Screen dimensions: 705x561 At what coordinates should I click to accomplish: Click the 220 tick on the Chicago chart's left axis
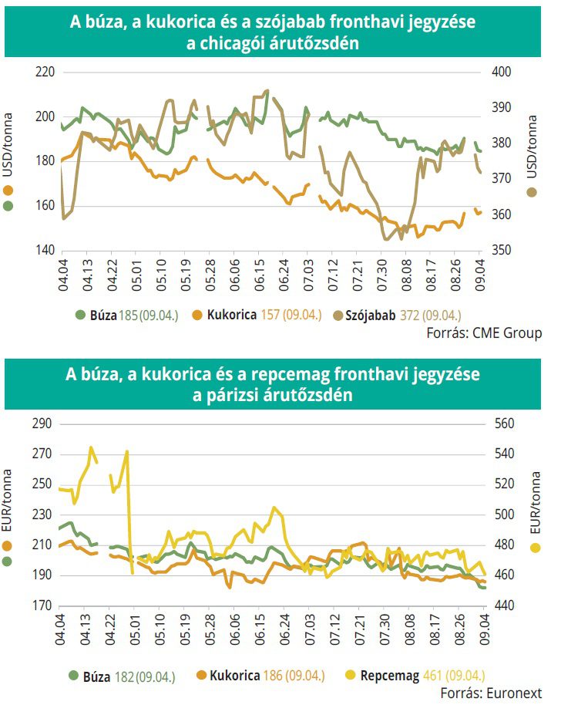tap(46, 72)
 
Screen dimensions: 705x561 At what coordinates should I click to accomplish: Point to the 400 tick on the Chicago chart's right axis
tap(502, 72)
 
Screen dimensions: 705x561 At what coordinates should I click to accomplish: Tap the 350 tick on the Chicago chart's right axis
tap(502, 250)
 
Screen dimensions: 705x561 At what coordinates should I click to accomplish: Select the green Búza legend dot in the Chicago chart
tap(79, 315)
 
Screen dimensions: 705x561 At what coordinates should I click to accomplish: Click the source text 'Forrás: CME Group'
tap(484, 333)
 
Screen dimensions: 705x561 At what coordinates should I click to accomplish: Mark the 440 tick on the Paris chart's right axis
tap(502, 606)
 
